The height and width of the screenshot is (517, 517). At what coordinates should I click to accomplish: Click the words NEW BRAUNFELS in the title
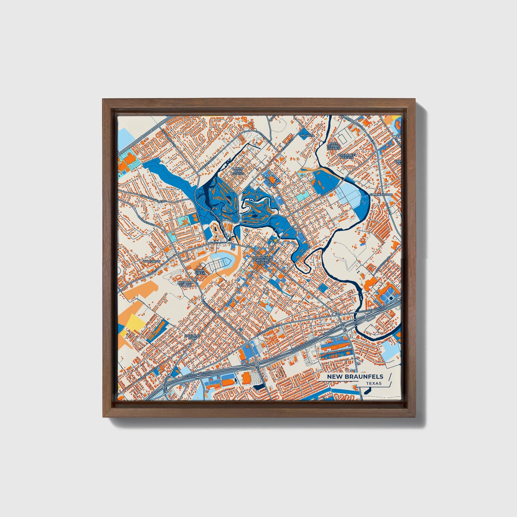pyautogui.click(x=355, y=376)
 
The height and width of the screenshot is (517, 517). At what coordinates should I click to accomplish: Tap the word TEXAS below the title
pyautogui.click(x=374, y=383)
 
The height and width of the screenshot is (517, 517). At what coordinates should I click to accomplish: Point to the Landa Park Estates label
pyautogui.click(x=238, y=171)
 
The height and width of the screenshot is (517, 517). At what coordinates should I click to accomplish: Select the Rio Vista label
pyautogui.click(x=306, y=136)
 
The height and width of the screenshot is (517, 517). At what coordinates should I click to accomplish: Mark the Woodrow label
pyautogui.click(x=151, y=262)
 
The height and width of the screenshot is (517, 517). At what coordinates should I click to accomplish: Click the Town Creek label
pyautogui.click(x=200, y=272)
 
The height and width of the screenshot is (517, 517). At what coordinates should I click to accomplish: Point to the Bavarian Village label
pyautogui.click(x=185, y=284)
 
